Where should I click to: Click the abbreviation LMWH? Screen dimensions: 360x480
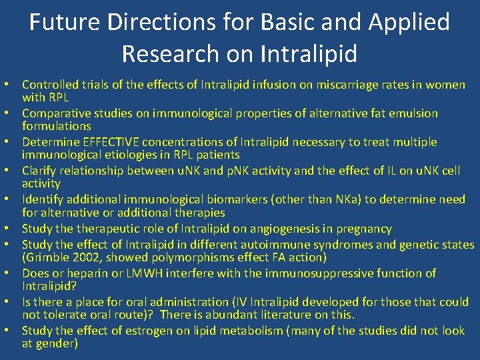[x=138, y=273]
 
